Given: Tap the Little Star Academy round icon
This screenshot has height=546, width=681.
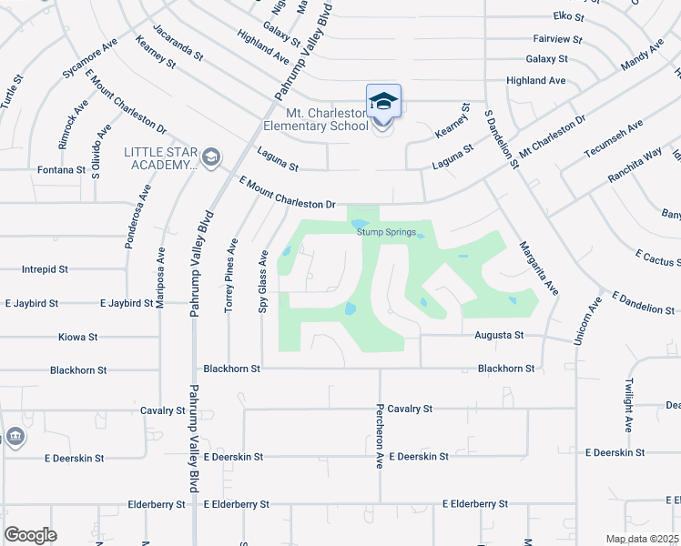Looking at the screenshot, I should (x=211, y=158).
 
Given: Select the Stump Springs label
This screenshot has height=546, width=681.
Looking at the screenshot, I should (x=386, y=232).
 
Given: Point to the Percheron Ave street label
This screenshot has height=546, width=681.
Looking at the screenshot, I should (x=380, y=437).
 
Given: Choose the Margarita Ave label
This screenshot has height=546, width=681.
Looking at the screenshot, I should (x=538, y=267).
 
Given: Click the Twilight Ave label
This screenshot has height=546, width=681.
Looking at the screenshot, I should (x=627, y=404).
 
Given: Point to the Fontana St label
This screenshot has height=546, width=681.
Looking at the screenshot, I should (x=61, y=169).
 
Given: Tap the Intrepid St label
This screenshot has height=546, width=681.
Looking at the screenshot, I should (x=46, y=269).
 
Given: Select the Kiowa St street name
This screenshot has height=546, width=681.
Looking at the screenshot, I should (x=77, y=337).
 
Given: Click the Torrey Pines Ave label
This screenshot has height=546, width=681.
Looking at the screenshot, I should (x=231, y=276).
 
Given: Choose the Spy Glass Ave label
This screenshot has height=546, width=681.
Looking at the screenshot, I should (x=262, y=282).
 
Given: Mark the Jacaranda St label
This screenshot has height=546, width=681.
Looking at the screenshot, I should (x=178, y=43).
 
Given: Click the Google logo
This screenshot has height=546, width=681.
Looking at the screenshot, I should (x=31, y=534).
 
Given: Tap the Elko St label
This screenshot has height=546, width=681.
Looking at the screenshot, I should (x=568, y=16).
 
